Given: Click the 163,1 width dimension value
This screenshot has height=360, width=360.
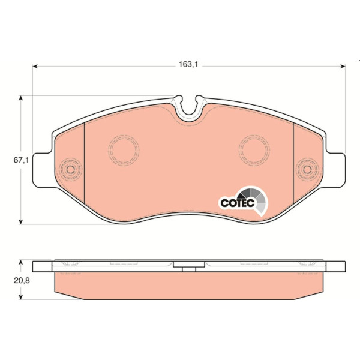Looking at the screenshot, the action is click(188, 65).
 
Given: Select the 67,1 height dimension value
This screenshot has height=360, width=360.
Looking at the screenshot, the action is click(22, 160).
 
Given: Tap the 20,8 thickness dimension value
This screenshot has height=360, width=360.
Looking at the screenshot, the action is click(22, 280).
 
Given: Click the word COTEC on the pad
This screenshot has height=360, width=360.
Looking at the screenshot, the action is click(238, 203).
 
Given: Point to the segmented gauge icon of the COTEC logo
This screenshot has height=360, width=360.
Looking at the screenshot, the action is click(255, 200).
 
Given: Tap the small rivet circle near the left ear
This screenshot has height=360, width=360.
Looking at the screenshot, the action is click(70, 169).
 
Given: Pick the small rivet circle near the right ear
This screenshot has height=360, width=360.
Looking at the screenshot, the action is click(307, 169).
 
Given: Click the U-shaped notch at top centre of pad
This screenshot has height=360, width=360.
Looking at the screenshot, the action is click(189, 114).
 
